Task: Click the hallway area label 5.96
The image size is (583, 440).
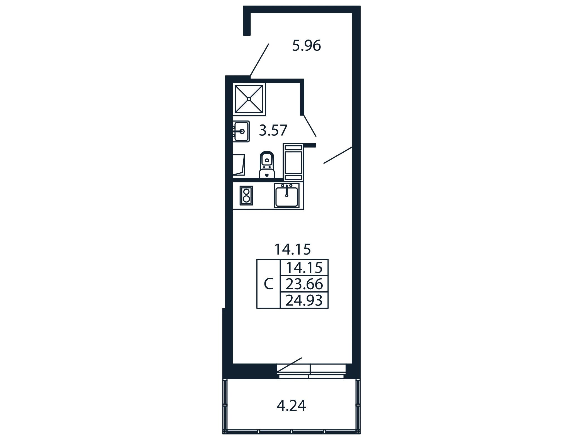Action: [x=307, y=46]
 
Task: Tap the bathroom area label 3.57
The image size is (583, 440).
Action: [x=273, y=130]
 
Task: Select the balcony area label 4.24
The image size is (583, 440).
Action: [x=291, y=405]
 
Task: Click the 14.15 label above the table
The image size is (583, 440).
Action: [x=292, y=249]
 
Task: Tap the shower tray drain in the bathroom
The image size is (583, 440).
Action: [x=249, y=99]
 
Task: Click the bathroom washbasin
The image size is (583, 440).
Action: [x=241, y=131]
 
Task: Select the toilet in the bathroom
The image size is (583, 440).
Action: [x=267, y=165]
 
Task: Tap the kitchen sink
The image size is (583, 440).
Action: [x=286, y=195]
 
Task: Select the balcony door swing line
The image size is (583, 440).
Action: [x=290, y=365]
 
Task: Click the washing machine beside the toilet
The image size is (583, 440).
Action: [x=239, y=165]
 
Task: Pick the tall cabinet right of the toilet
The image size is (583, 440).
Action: [x=293, y=162]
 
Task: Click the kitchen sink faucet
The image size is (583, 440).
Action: [x=286, y=190]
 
